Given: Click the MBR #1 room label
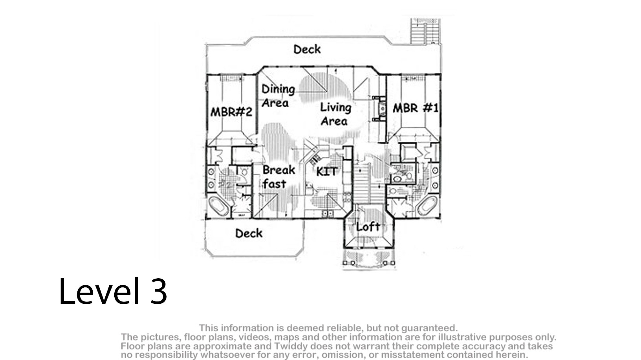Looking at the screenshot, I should tap(416, 108).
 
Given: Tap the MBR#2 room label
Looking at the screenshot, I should tap(231, 112).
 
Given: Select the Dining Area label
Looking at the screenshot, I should tap(278, 96).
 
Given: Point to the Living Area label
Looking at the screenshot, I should tap(335, 114).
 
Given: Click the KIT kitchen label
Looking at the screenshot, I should tap(326, 171).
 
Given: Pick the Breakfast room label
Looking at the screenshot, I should tap(278, 177).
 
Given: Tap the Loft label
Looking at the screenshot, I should tap(368, 227).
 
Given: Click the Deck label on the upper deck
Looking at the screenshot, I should tap(307, 50).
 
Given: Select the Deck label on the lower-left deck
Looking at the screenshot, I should tap(249, 233).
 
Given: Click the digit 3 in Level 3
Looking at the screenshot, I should tap(158, 291).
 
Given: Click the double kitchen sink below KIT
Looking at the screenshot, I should tap(328, 213).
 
